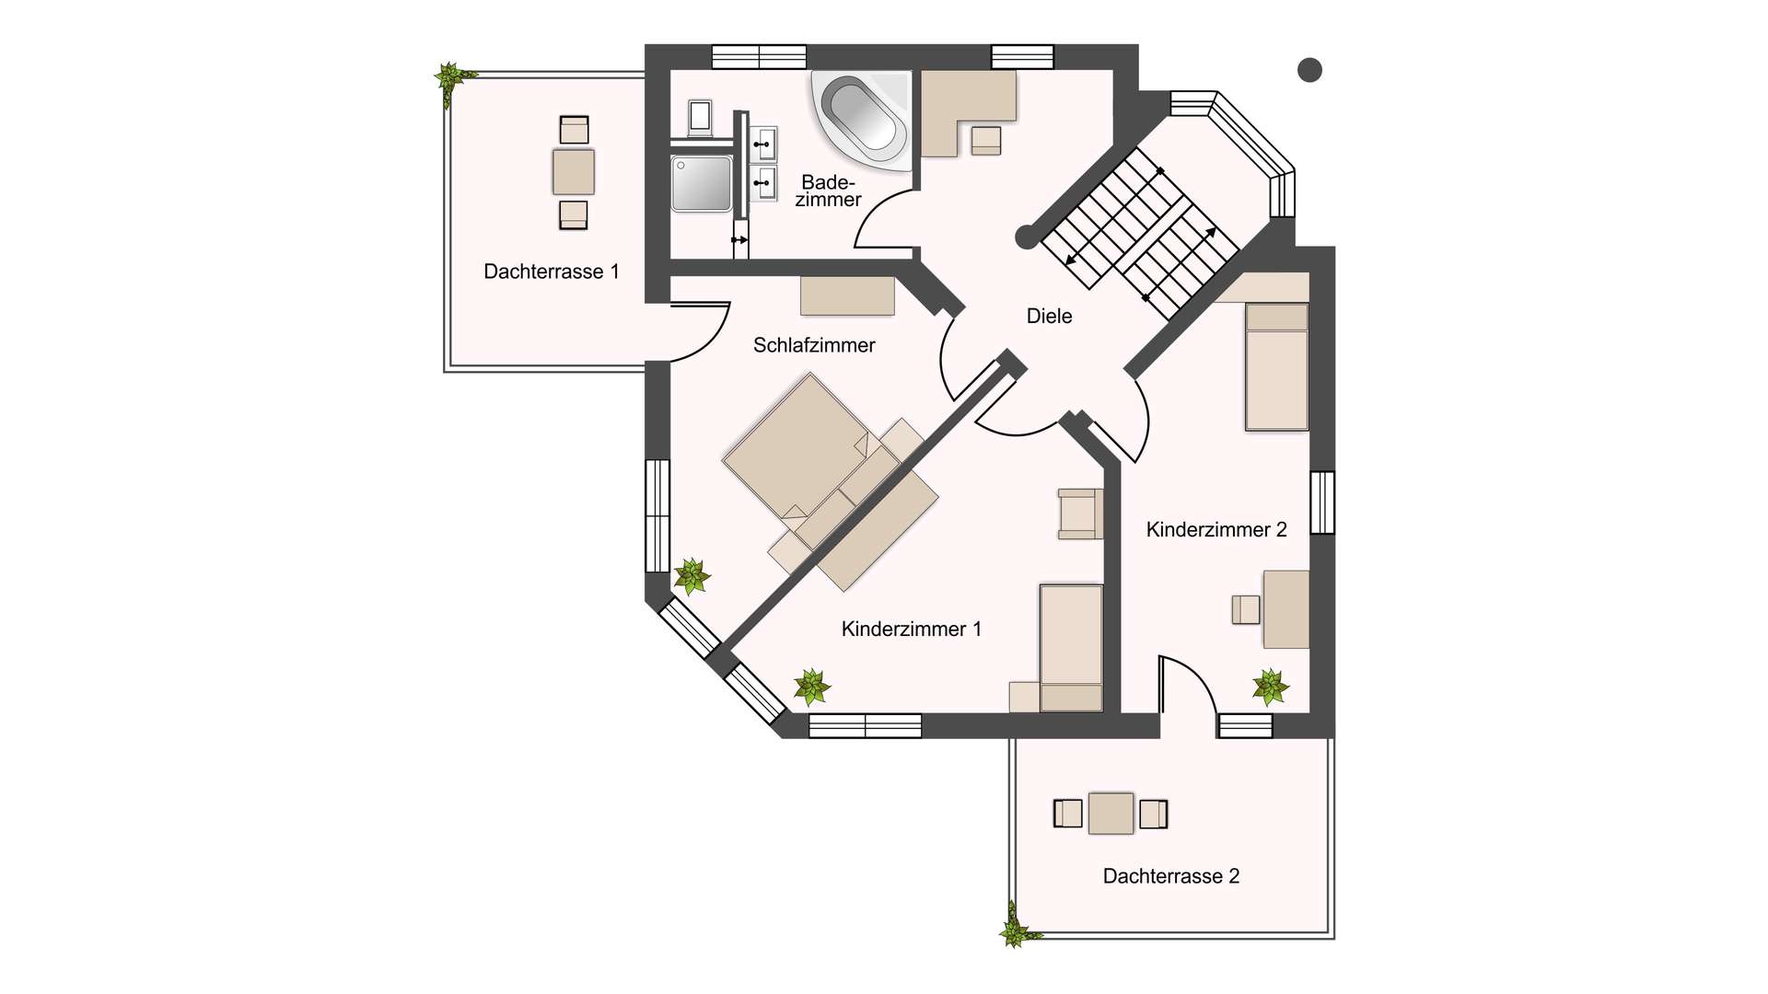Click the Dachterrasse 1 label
[551, 272]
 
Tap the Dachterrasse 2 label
[1170, 876]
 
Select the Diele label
[1049, 317]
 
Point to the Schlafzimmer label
[813, 345]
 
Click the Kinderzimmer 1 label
[911, 630]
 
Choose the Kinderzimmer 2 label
[1215, 530]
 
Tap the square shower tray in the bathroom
[702, 183]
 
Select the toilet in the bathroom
[700, 118]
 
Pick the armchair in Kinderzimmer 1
[1080, 514]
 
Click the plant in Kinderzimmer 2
[1270, 687]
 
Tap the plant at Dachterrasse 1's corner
[451, 80]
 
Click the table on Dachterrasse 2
[1111, 814]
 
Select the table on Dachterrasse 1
[573, 172]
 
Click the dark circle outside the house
[1309, 70]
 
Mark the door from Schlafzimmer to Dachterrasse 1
[700, 331]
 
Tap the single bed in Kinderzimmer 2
[1276, 367]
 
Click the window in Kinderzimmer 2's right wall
[1322, 503]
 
